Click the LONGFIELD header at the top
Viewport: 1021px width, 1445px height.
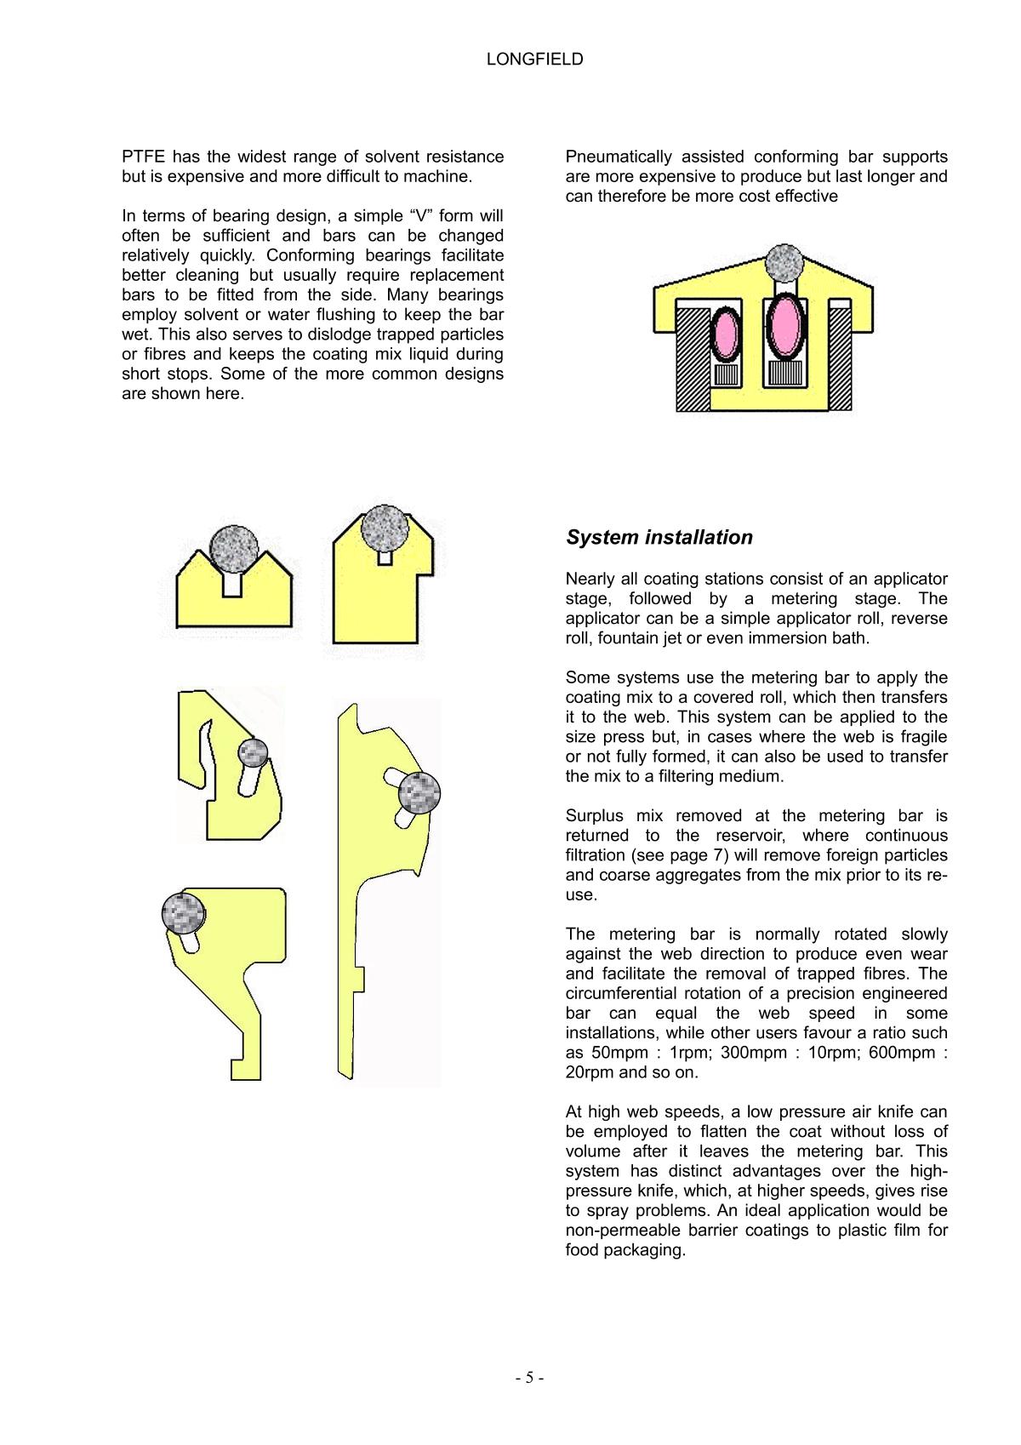(x=534, y=60)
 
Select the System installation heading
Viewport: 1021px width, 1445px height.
(x=659, y=537)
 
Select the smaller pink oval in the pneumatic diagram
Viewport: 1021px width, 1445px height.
(x=725, y=331)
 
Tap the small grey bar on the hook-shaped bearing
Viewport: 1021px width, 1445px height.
(x=253, y=752)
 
